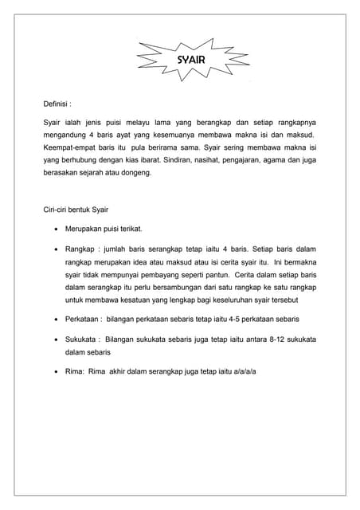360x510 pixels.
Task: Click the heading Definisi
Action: [x=57, y=104]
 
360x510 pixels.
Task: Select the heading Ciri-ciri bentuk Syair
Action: [x=76, y=210]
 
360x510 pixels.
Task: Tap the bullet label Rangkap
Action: [x=79, y=249]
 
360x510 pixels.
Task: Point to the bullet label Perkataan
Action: [x=83, y=318]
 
